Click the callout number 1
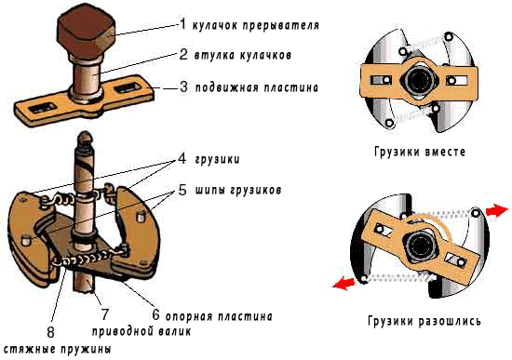[182, 24]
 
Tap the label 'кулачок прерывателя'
[256, 25]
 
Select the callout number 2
[183, 54]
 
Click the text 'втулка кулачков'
[243, 55]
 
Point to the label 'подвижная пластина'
[257, 87]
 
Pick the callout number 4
[182, 158]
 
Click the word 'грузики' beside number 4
[217, 159]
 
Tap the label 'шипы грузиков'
[238, 190]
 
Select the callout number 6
[156, 314]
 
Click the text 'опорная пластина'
[219, 316]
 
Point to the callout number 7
[105, 314]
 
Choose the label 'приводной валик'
[141, 331]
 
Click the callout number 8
[50, 332]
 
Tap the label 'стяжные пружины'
[58, 349]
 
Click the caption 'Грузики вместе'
[420, 152]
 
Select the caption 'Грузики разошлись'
[424, 321]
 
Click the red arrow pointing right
[497, 210]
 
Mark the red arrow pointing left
[344, 284]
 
